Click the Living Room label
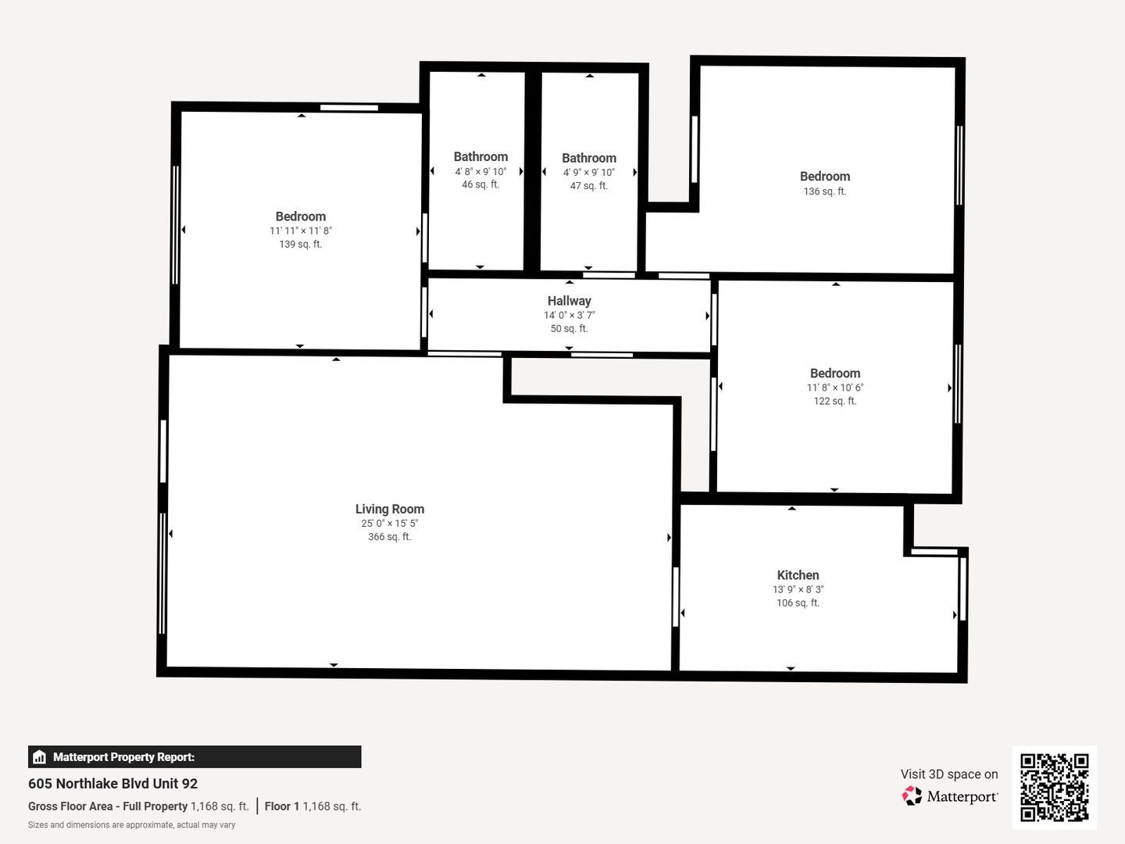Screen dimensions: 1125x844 (390, 509)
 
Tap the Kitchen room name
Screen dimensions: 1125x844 (798, 575)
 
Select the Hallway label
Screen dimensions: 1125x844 (569, 301)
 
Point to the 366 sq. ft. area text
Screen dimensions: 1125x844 (390, 537)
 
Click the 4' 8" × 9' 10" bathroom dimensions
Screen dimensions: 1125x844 (480, 172)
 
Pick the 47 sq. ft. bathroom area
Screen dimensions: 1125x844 (589, 185)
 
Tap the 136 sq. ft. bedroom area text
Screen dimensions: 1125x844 (825, 191)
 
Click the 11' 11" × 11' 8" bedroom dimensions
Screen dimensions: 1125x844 (301, 231)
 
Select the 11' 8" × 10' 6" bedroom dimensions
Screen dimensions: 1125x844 (835, 388)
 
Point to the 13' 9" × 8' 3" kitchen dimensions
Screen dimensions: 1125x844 (798, 589)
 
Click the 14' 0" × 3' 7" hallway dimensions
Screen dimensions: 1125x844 (569, 315)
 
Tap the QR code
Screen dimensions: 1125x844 (1054, 787)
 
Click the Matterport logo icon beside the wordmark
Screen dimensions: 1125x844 (912, 796)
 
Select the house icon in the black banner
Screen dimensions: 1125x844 (40, 757)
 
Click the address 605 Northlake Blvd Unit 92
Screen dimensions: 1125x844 (112, 784)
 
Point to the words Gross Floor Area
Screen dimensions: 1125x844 (70, 806)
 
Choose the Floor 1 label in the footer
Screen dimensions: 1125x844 (282, 806)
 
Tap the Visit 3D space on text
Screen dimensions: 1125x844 (949, 774)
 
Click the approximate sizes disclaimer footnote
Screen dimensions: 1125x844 (132, 824)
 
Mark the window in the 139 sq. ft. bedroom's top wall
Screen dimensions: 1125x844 (349, 108)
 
